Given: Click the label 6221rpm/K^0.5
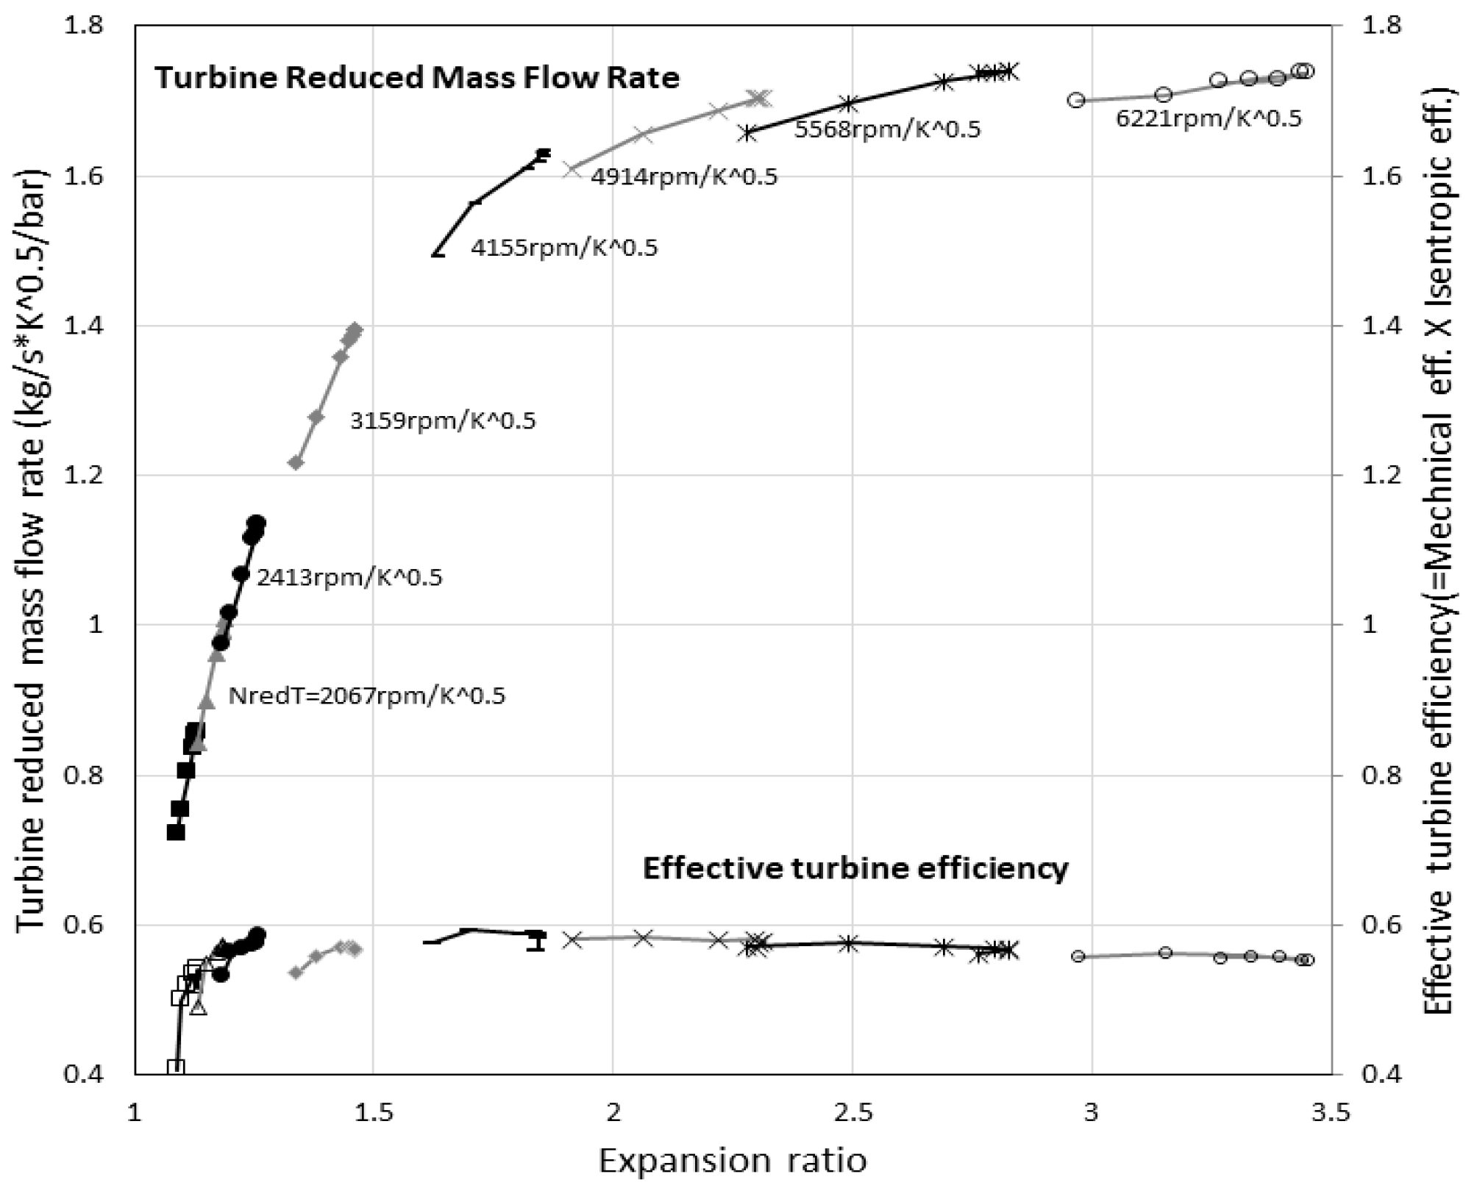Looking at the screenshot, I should coord(1209,118).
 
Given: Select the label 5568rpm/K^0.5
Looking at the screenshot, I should coord(887,130).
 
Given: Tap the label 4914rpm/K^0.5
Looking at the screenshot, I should coord(684,177).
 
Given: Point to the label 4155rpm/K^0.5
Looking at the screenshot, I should coord(564,248).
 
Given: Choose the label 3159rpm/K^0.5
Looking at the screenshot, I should coord(443,421).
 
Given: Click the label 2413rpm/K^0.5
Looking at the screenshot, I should coord(349,578).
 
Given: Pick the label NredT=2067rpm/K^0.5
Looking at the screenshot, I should coord(367,696).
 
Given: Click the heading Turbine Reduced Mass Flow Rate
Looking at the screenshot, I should coord(416,78).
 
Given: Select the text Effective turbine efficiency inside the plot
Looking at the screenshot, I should coord(855,868).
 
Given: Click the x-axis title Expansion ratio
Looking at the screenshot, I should coord(733,1161).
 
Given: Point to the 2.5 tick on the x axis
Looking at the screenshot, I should coord(853,1113).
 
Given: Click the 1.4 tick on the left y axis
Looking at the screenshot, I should coord(82,326).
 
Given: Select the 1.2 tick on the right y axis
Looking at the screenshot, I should coord(1381,475).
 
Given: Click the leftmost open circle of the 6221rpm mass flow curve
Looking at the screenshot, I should coord(1076,100).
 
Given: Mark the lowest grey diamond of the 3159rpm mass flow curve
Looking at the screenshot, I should coord(296,462).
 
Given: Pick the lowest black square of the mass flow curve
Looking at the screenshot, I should coord(175,832).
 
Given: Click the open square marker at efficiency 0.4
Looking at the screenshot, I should coord(175,1067).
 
